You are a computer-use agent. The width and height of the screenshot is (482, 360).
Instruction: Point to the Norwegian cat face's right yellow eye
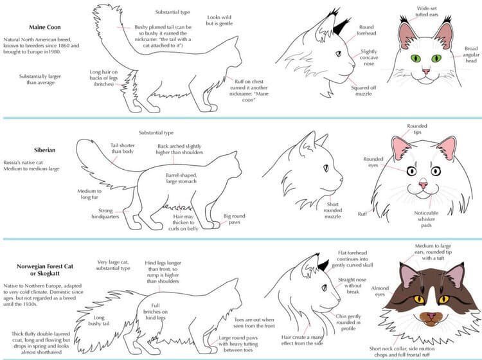pos(440,299)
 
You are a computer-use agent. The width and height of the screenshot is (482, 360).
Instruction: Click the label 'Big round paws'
pos(235,220)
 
